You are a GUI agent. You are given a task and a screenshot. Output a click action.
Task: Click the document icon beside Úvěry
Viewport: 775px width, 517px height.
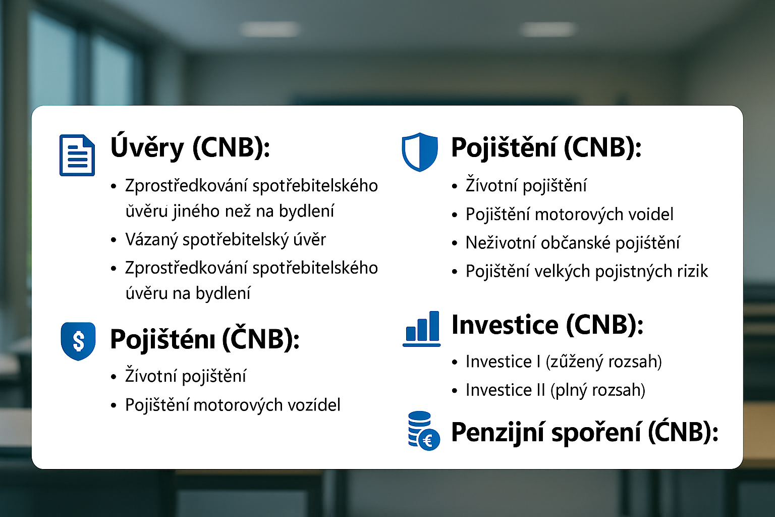[77, 155]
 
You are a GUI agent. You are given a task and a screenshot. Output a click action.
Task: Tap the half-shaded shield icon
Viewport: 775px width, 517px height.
[420, 152]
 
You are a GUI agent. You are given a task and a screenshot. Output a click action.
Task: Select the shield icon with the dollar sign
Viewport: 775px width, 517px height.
[78, 341]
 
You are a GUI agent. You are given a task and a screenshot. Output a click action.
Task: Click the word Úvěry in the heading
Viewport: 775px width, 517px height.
[147, 147]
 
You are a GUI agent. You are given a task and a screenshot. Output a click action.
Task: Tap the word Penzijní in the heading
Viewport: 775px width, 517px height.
[497, 433]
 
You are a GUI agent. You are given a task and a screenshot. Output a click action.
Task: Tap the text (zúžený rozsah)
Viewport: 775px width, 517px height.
[603, 362]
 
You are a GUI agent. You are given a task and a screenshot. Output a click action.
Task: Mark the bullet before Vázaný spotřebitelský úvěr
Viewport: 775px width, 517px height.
[114, 240]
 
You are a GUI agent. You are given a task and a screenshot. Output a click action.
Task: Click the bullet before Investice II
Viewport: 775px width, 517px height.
[454, 391]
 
